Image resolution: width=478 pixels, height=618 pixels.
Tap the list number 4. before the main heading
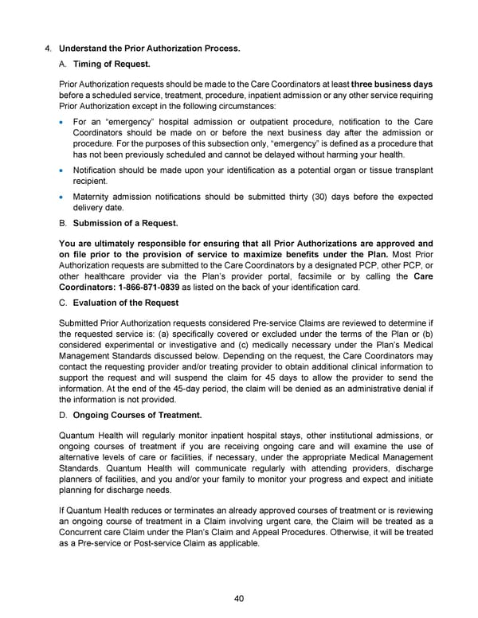pos(48,49)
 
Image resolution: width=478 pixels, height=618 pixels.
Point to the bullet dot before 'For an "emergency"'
pos(63,122)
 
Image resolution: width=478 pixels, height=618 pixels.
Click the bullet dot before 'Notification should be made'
pos(63,170)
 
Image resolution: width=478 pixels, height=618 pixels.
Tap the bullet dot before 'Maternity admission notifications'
pos(63,197)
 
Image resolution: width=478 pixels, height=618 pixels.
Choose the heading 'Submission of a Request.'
pos(125,224)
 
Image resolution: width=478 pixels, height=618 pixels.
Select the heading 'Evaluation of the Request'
pos(126,303)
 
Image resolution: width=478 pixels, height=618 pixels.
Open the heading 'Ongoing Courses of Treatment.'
pos(137,415)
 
